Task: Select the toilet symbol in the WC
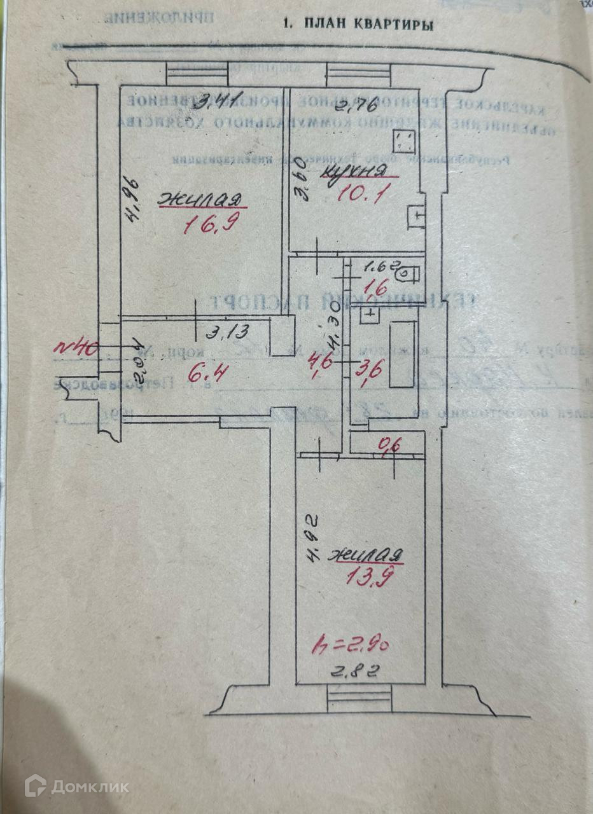[x=409, y=274]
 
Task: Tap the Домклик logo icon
[x=36, y=786]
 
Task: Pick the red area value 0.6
[x=385, y=446]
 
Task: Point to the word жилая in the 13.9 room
[x=365, y=555]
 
